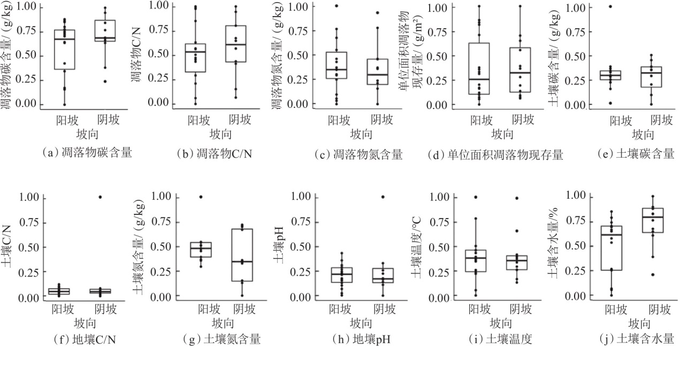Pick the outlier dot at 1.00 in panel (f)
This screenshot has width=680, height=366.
[100, 197]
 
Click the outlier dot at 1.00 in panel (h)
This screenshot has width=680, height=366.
[383, 197]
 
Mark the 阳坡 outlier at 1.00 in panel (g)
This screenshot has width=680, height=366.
[201, 197]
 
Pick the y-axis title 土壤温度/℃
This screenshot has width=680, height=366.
[416, 248]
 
